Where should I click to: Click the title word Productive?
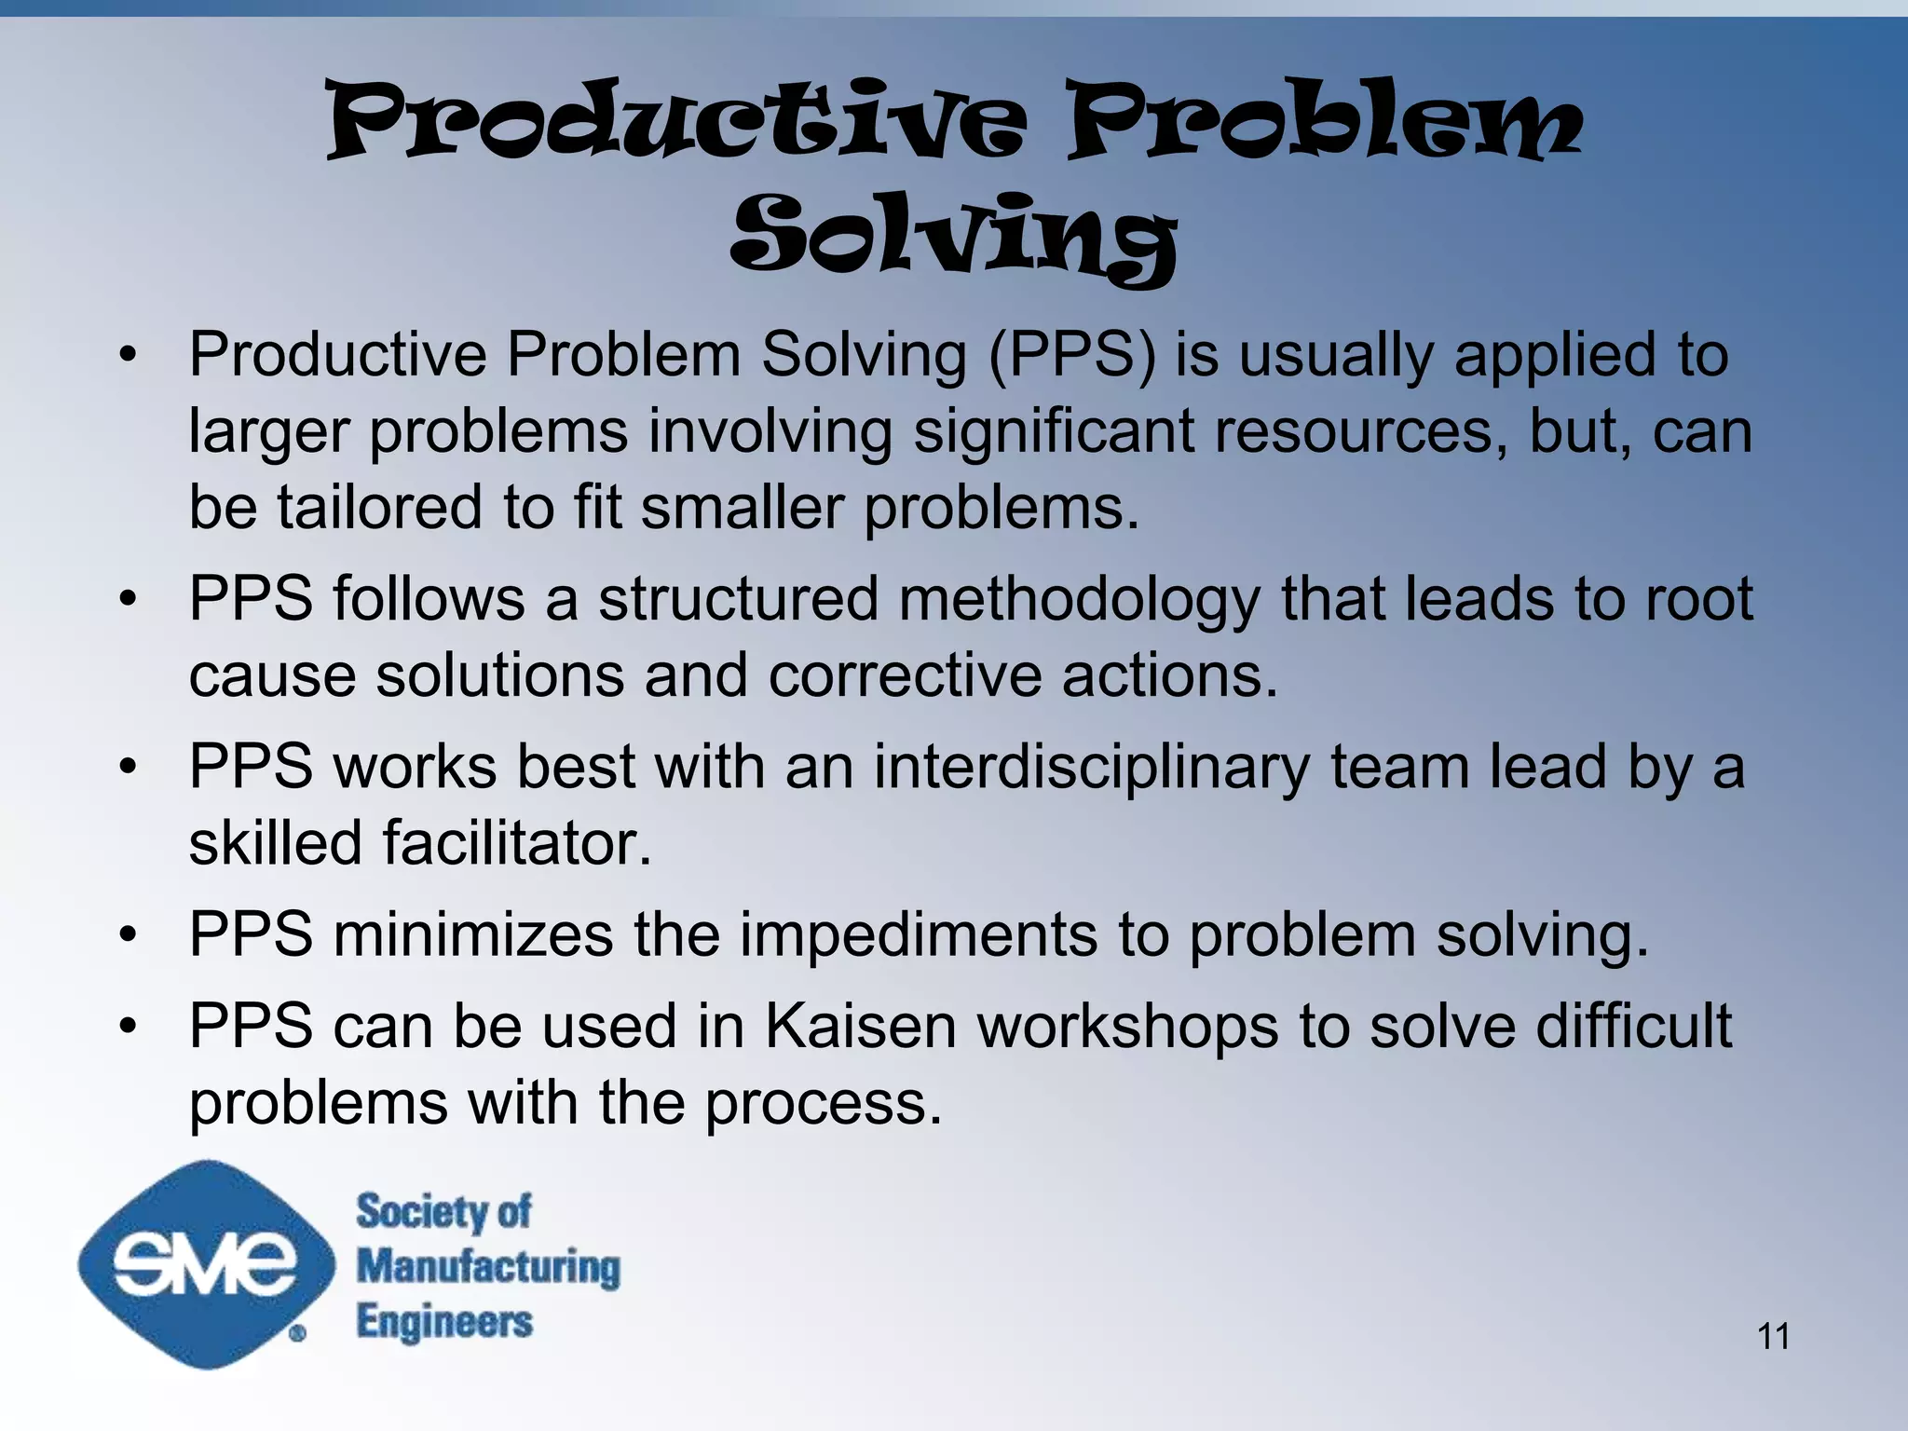[x=677, y=121]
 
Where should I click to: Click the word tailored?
[x=379, y=508]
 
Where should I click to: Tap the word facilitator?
[x=517, y=843]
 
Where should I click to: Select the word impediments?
[x=918, y=934]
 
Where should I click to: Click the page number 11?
[x=1773, y=1336]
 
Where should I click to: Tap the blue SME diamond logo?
[x=206, y=1264]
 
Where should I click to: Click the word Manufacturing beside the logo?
[x=488, y=1267]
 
